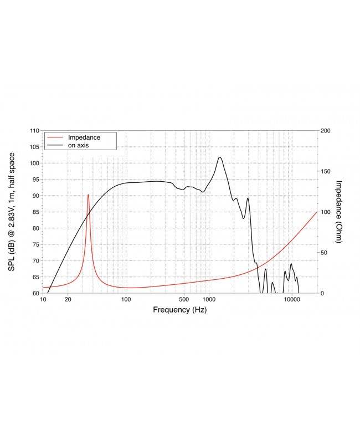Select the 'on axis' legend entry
[x=78, y=145]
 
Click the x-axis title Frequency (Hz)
[x=179, y=310]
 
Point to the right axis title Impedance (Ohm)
[x=340, y=212]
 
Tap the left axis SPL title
[x=11, y=212]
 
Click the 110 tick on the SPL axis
[x=34, y=131]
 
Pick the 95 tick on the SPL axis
[x=35, y=180]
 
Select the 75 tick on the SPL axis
[x=35, y=244]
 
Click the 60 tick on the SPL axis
[x=35, y=293]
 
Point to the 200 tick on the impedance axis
[x=326, y=131]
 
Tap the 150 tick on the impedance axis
[x=326, y=171]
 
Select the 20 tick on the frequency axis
[x=68, y=300]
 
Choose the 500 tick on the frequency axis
[x=184, y=300]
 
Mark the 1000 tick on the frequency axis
[x=209, y=300]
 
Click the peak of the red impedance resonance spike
[x=88, y=195]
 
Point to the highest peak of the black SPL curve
[x=220, y=157]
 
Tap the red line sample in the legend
[x=55, y=137]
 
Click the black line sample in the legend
[x=55, y=145]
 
